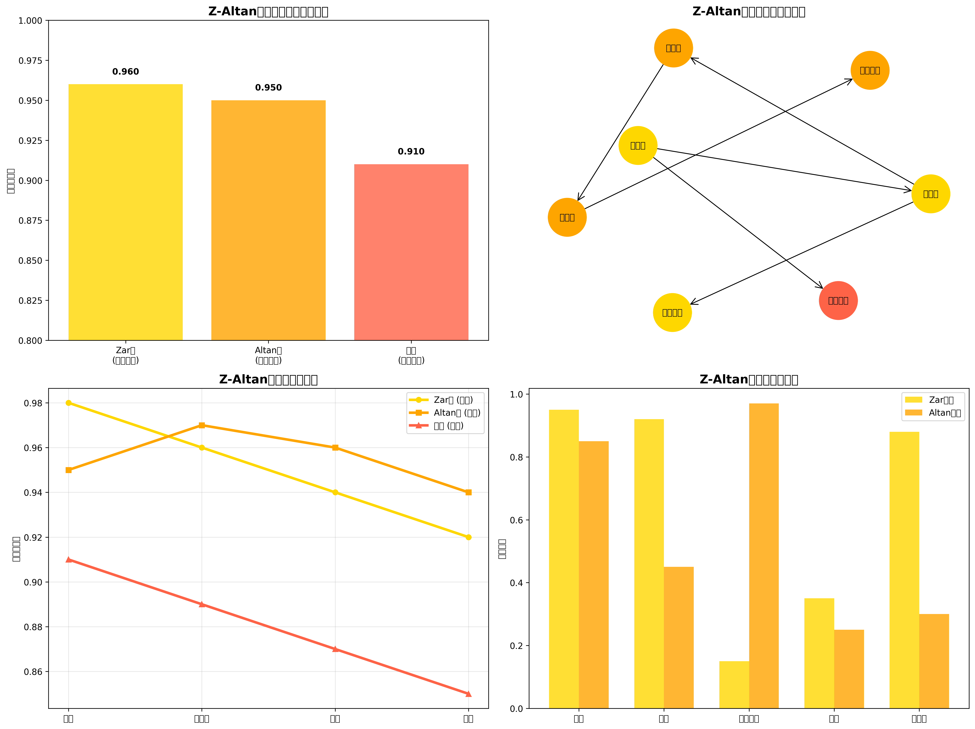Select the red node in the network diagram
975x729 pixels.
pyautogui.click(x=838, y=300)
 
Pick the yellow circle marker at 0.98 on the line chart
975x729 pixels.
pyautogui.click(x=68, y=403)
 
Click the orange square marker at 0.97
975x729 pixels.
pyautogui.click(x=202, y=425)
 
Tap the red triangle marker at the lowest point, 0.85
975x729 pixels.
pyautogui.click(x=468, y=694)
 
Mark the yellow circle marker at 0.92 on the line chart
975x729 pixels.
pyautogui.click(x=468, y=537)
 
